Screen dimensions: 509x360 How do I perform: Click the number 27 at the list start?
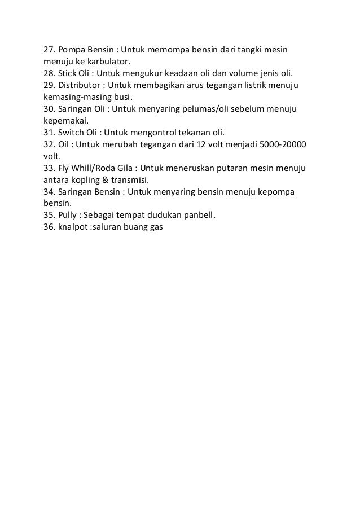point(49,50)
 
